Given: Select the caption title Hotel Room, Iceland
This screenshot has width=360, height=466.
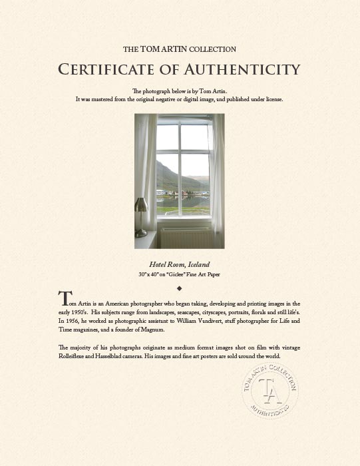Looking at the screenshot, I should (x=180, y=264).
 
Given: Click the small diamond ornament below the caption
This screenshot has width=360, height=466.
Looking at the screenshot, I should (x=180, y=288).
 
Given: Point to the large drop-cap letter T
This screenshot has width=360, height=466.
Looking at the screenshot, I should (x=64, y=300).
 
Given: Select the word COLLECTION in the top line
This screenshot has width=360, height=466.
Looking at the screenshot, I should (x=213, y=50).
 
